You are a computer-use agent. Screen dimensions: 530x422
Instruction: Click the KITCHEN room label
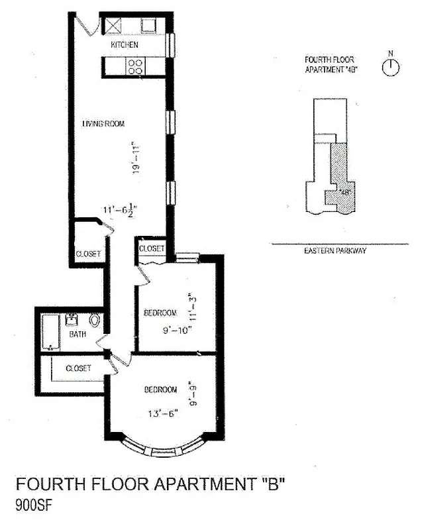click(125, 45)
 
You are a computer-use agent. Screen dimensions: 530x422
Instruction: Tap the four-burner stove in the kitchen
click(136, 66)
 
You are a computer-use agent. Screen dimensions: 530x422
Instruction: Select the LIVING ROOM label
click(103, 124)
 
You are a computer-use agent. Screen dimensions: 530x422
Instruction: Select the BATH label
click(78, 335)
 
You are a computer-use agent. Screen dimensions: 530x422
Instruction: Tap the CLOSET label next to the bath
click(78, 368)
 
